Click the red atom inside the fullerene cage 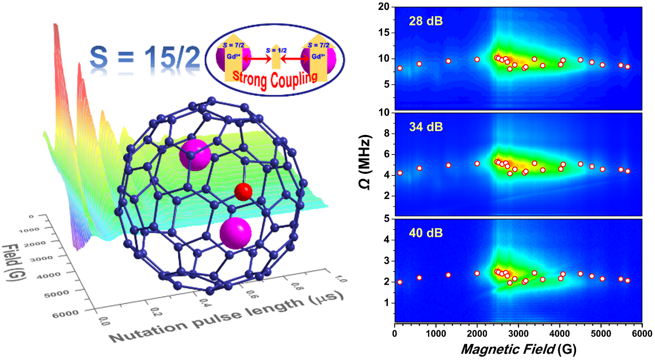[243, 192]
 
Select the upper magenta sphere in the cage [195, 155]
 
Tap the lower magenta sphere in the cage [236, 233]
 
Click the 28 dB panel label [426, 21]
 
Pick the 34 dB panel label [426, 127]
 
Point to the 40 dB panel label [426, 233]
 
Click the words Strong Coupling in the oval [275, 79]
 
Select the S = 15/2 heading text [145, 57]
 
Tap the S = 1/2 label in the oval [276, 50]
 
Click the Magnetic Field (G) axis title [518, 349]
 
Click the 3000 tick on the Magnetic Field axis [518, 334]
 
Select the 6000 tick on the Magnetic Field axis [642, 334]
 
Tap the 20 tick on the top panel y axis [384, 6]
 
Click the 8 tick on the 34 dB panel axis [387, 133]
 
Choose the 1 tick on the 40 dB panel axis [387, 303]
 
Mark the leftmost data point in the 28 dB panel [400, 68]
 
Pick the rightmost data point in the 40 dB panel [628, 280]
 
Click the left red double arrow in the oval [257, 59]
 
